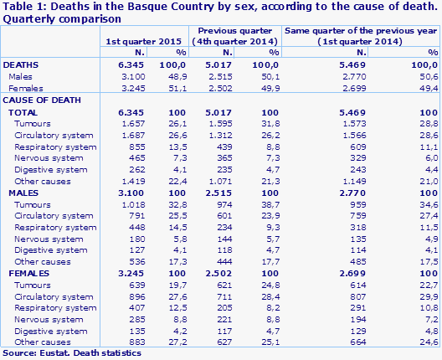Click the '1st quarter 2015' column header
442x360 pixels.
pyautogui.click(x=143, y=41)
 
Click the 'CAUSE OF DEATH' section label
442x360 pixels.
pyautogui.click(x=39, y=100)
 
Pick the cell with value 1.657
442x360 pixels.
pyautogui.click(x=133, y=123)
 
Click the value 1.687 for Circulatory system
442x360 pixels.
pyautogui.click(x=133, y=135)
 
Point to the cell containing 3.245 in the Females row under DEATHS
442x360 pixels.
pyautogui.click(x=133, y=87)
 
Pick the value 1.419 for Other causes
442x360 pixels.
pyautogui.click(x=133, y=180)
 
